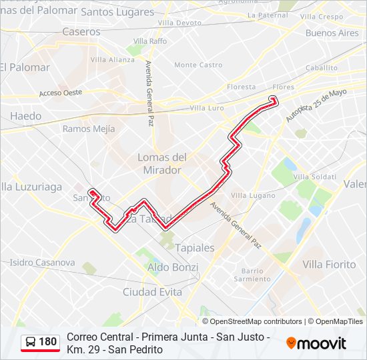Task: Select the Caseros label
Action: click(x=81, y=31)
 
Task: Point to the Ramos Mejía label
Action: click(x=89, y=129)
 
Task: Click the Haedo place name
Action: click(x=25, y=116)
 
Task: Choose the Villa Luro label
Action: click(x=207, y=107)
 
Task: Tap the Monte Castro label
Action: click(x=198, y=65)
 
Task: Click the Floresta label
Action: click(x=242, y=87)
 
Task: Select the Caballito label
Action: click(x=322, y=68)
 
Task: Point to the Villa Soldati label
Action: click(x=315, y=177)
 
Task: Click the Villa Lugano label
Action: click(x=253, y=195)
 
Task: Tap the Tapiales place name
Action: click(x=195, y=247)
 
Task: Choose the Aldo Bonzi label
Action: click(x=173, y=267)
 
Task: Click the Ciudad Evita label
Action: click(x=153, y=292)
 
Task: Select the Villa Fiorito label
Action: click(x=329, y=265)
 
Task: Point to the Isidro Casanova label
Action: click(x=43, y=263)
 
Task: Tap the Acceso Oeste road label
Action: click(x=60, y=93)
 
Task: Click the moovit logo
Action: click(x=316, y=343)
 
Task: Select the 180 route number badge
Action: click(x=41, y=343)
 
